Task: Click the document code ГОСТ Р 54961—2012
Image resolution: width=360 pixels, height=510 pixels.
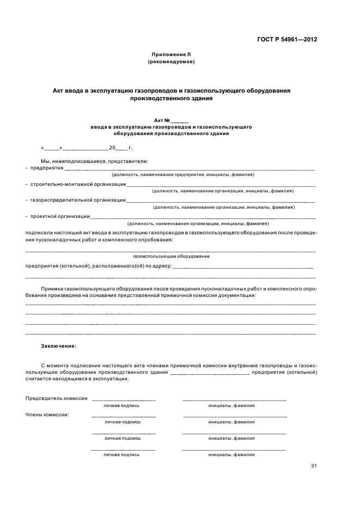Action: pos(288,39)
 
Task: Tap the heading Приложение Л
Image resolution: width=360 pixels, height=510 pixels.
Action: pos(171,54)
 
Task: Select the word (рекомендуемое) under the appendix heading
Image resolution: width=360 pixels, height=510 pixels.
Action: pos(171,62)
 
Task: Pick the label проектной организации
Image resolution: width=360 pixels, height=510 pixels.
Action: pos(60,216)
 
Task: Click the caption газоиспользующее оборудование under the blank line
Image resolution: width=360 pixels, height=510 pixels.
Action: pos(171,256)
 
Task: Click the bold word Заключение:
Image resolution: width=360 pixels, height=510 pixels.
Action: pos(59,345)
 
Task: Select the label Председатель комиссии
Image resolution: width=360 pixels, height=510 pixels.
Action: pos(57,398)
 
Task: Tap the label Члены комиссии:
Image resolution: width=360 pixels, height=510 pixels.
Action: pos(47,415)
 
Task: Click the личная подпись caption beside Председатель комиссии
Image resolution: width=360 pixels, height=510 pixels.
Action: pos(122,405)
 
